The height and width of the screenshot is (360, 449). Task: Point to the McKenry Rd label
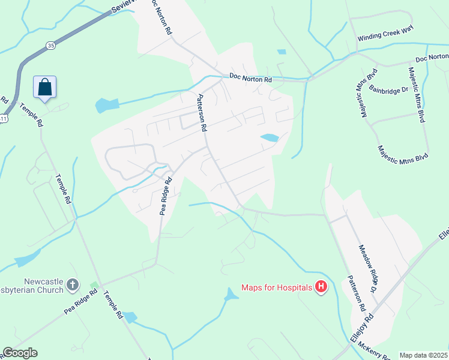tap(376, 353)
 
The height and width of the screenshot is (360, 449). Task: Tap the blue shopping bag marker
tap(44, 88)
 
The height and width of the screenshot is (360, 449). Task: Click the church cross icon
tap(73, 285)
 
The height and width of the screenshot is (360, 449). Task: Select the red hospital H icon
tap(321, 287)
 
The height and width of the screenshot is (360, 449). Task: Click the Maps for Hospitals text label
tap(277, 287)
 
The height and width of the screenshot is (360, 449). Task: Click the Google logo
tap(20, 353)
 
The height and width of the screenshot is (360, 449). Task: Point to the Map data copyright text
tap(423, 355)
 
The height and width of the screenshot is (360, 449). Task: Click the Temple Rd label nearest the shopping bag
tap(32, 115)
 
